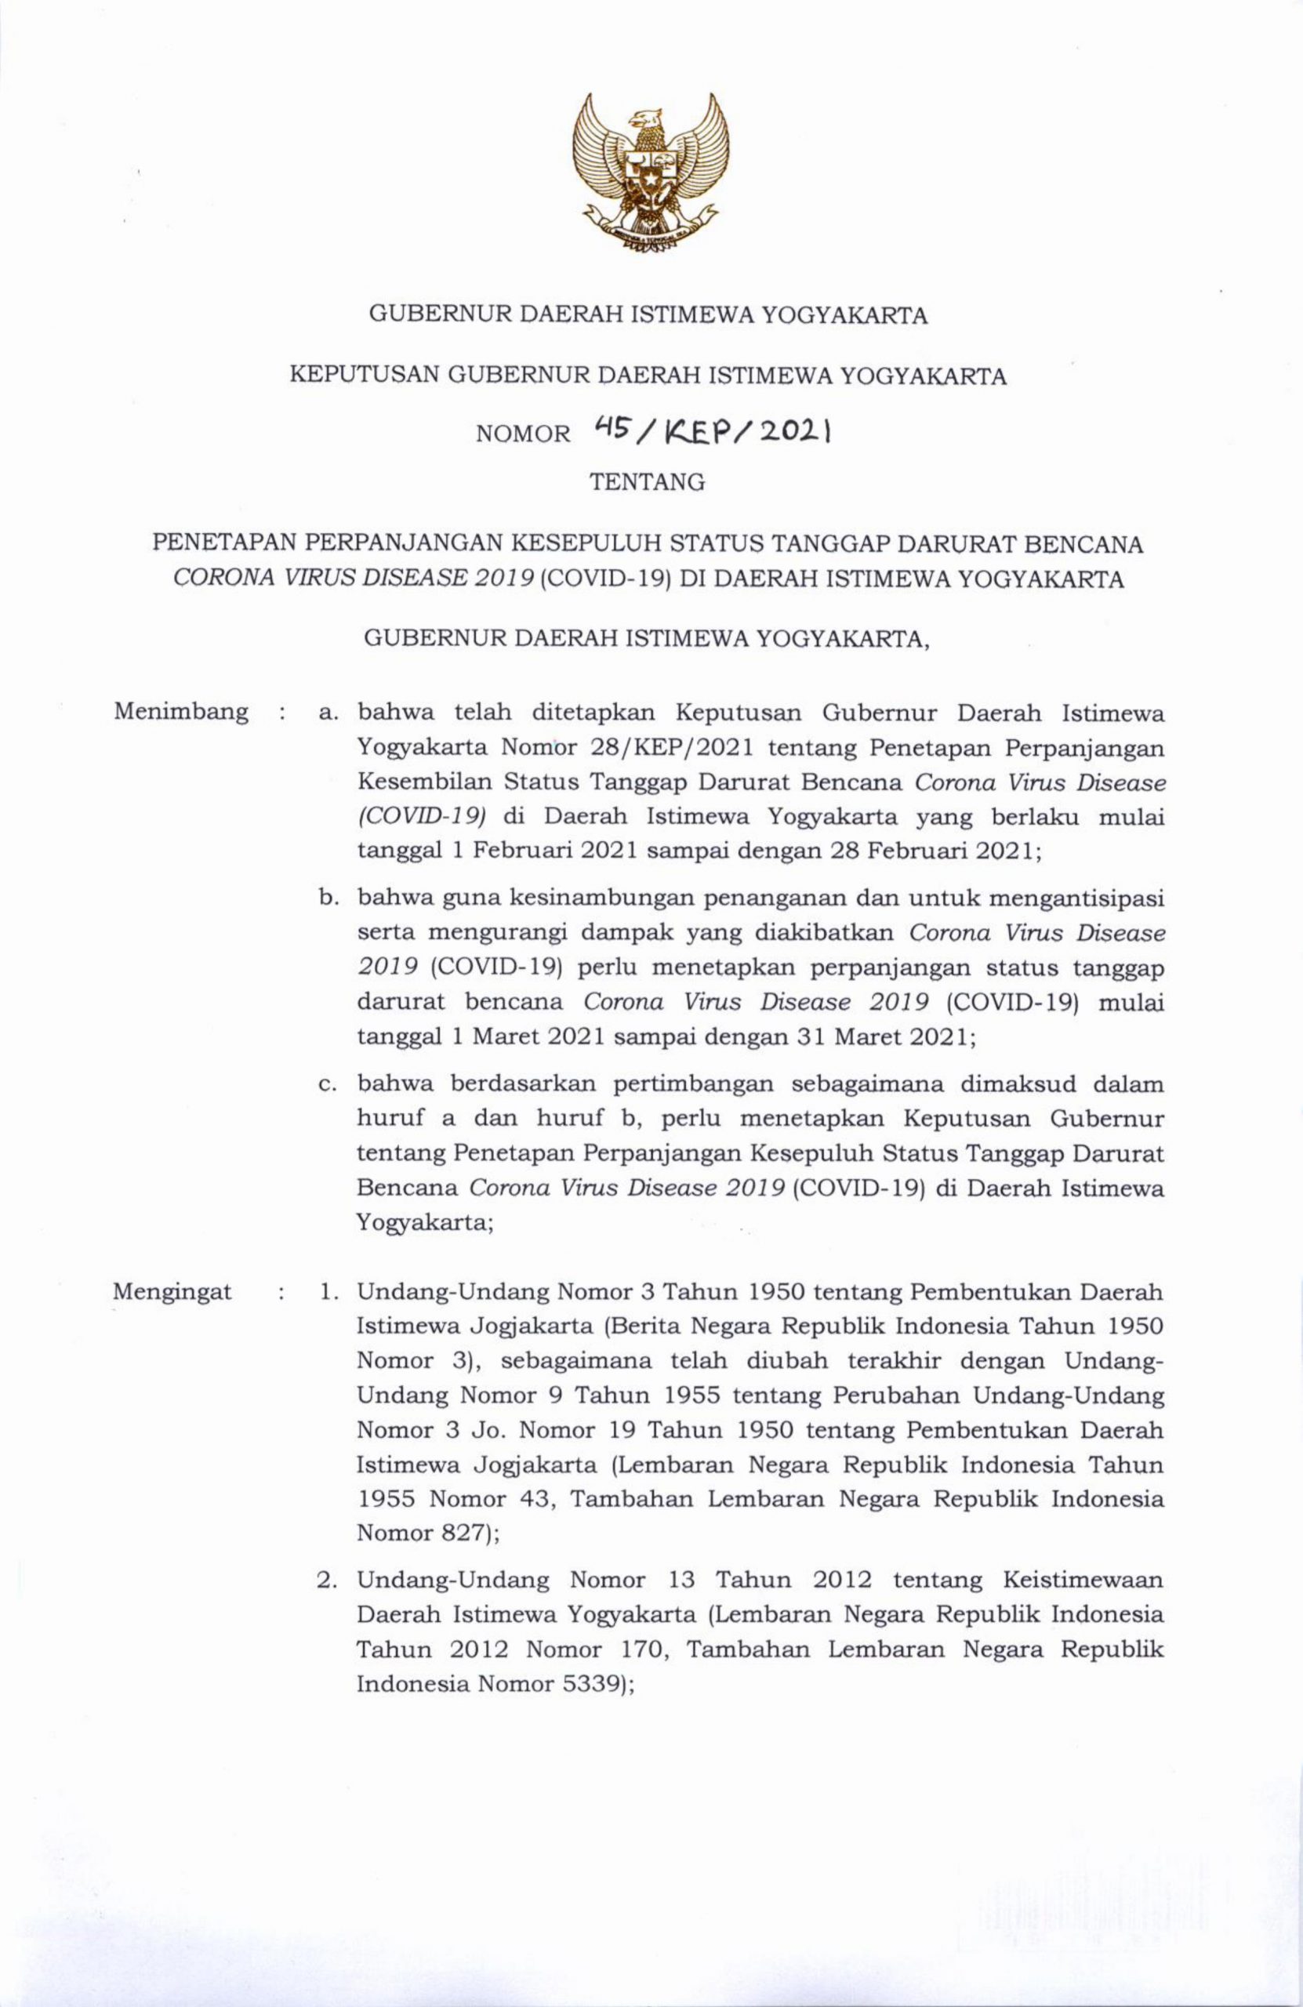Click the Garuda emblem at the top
pyautogui.click(x=650, y=173)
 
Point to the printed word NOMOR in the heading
pyautogui.click(x=524, y=434)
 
